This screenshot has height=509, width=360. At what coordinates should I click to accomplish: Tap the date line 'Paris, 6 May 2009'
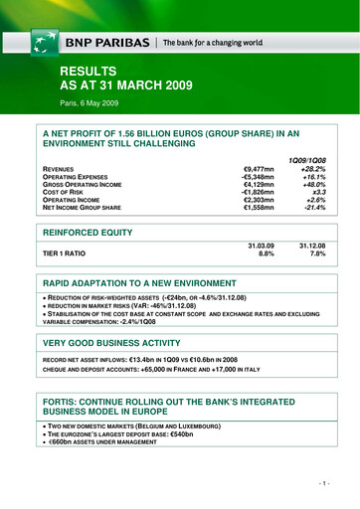[x=93, y=103]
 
